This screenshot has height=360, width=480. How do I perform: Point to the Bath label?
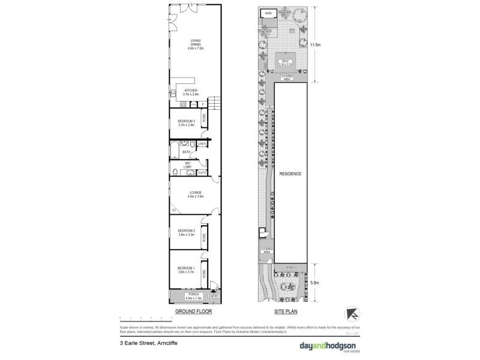pyautogui.click(x=187, y=152)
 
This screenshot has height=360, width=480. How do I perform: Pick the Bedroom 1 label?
pyautogui.click(x=187, y=271)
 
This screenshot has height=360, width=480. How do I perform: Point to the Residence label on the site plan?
pyautogui.click(x=290, y=173)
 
